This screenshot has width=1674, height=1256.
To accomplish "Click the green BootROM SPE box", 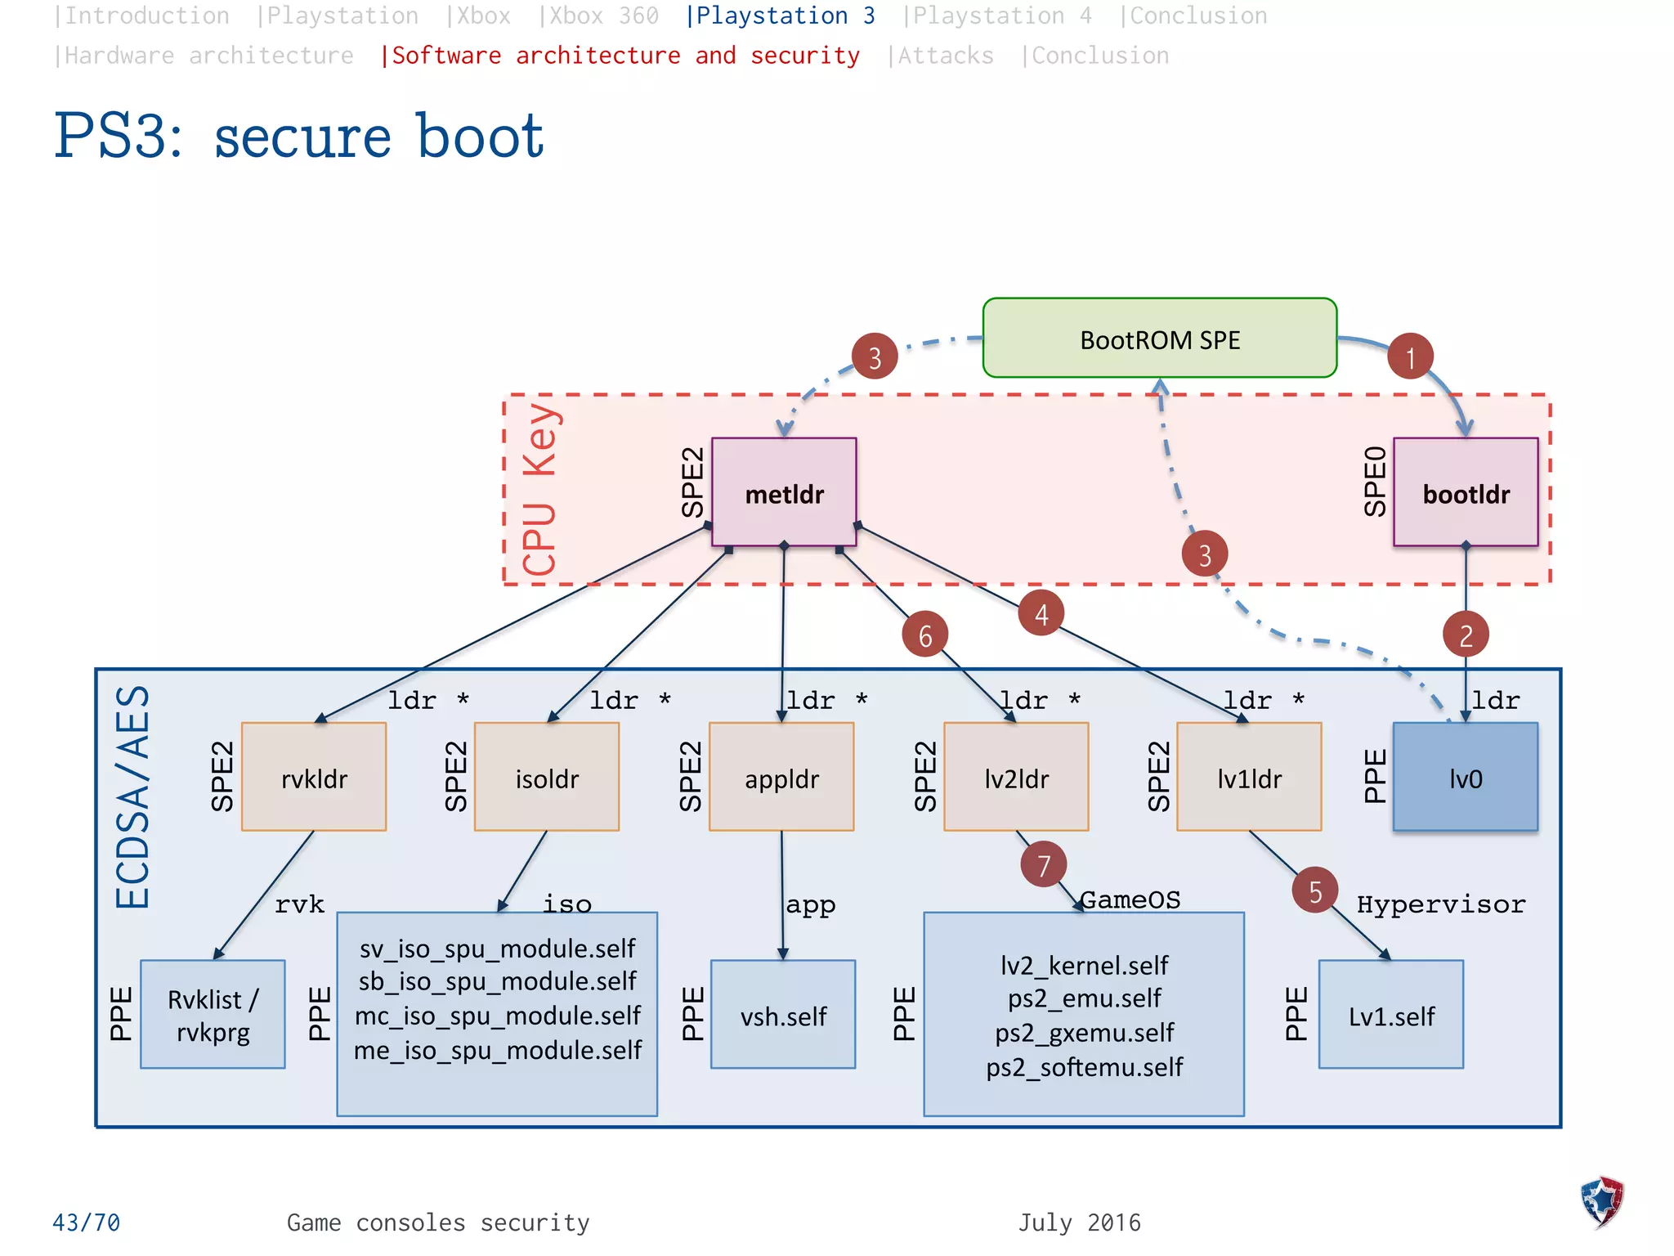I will (1159, 339).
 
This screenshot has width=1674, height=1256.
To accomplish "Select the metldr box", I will (784, 493).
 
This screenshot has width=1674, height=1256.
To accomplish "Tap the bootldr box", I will (1466, 493).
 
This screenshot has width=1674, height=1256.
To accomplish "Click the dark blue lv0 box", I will (1465, 778).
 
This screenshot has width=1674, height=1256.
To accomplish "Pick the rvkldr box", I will (314, 778).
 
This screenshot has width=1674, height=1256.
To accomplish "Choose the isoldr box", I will (547, 778).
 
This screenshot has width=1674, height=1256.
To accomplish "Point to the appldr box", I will (781, 778).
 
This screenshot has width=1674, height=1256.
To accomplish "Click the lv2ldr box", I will (1016, 778).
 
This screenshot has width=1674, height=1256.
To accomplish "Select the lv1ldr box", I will (1249, 778).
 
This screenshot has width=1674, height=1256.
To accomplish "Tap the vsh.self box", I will (783, 1016).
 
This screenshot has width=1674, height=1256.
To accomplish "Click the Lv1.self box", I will (1391, 1016).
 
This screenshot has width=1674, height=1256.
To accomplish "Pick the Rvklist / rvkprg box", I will (213, 1016).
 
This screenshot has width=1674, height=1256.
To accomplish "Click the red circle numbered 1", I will (1410, 357).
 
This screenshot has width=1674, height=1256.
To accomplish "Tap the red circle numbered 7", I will (1043, 865).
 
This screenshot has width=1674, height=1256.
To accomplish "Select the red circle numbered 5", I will (1314, 890).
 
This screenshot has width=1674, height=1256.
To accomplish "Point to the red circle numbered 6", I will (924, 635).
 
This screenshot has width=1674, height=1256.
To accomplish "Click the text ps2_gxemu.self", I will (1084, 1033).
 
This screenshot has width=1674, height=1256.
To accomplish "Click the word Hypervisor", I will (1440, 904).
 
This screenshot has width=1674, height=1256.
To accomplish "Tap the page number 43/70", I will (86, 1222).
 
